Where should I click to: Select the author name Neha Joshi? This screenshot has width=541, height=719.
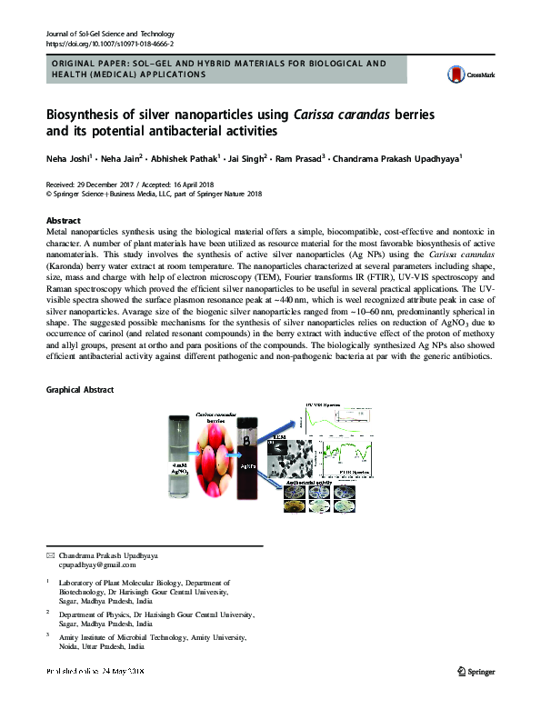71,159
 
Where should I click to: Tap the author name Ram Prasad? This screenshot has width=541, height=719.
299,159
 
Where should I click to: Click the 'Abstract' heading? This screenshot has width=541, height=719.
63,221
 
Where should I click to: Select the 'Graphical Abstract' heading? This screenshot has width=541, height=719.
80,389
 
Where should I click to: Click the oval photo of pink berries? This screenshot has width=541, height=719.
214,464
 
